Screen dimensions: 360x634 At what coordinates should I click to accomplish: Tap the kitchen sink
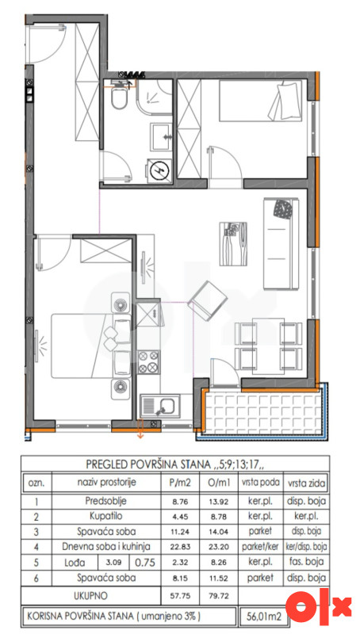click(159, 407)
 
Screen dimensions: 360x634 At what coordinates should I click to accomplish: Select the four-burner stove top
click(148, 361)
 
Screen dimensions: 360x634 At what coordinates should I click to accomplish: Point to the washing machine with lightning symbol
click(159, 170)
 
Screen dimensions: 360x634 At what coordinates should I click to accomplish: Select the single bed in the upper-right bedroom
click(261, 101)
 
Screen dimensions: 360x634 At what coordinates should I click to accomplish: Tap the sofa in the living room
click(281, 243)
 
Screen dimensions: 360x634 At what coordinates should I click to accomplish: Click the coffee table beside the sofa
click(233, 243)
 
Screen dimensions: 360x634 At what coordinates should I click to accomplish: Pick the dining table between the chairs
click(268, 346)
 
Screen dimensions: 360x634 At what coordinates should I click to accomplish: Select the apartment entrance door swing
click(45, 44)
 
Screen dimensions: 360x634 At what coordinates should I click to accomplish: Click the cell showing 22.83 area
click(180, 547)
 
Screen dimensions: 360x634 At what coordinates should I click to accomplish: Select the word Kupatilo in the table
click(106, 516)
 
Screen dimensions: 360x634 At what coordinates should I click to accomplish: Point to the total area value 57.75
click(180, 596)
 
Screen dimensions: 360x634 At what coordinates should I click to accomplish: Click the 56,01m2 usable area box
click(263, 617)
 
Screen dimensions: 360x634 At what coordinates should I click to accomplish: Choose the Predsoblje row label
click(106, 502)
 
